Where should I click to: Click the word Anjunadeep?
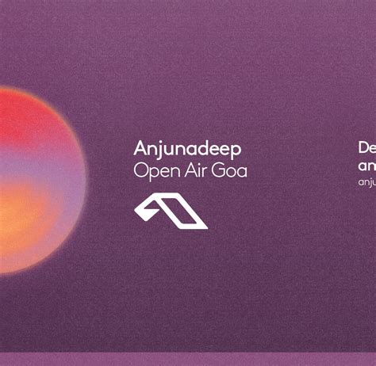tap(188, 150)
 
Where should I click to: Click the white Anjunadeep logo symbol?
tap(171, 212)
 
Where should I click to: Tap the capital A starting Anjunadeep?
tap(140, 149)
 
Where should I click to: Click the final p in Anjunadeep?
tap(236, 151)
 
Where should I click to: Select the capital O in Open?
tap(140, 170)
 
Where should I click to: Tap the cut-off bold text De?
tap(366, 148)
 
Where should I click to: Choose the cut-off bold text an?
tap(366, 166)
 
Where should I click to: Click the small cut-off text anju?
tap(366, 182)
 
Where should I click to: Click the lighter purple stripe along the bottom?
tap(188, 359)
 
